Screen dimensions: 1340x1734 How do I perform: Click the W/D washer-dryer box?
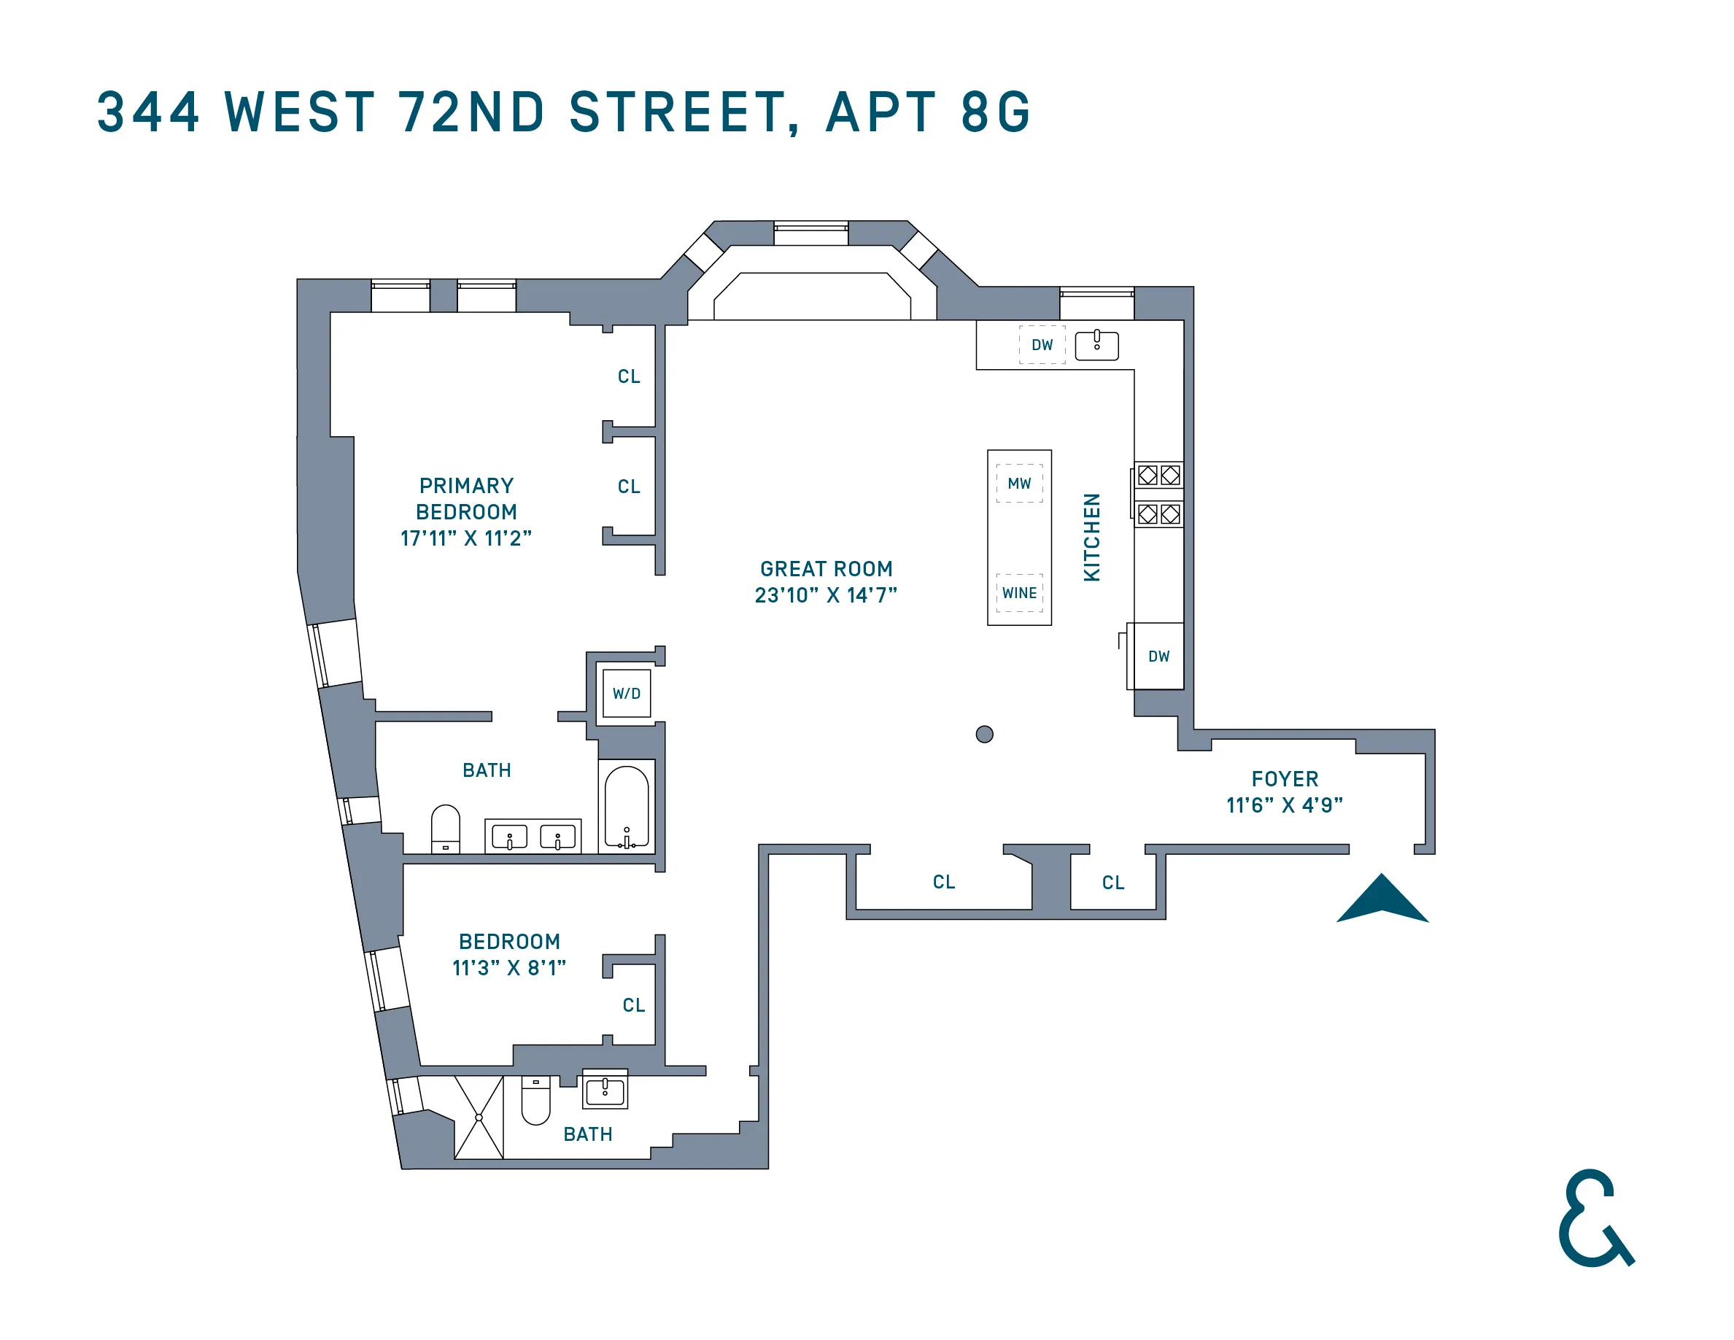[x=627, y=694]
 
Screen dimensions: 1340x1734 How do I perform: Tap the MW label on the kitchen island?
[x=1019, y=484]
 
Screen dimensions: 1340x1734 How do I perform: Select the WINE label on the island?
[x=1019, y=593]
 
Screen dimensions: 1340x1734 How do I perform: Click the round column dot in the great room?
[x=985, y=735]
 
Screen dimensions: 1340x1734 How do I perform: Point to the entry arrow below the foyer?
[x=1382, y=901]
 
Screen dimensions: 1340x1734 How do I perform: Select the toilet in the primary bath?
[x=446, y=828]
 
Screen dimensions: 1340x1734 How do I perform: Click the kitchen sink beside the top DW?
[x=1096, y=346]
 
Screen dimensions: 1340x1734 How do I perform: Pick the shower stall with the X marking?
[x=479, y=1118]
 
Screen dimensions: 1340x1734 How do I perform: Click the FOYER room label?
[x=1285, y=779]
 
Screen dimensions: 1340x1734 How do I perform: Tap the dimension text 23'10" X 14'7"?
[x=826, y=595]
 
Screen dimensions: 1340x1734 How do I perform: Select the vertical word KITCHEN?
[x=1093, y=538]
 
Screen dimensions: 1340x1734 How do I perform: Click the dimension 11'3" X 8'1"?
[x=509, y=968]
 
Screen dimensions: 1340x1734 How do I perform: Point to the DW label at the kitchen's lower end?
[x=1158, y=657]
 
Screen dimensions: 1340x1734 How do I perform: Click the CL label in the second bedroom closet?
[x=634, y=1005]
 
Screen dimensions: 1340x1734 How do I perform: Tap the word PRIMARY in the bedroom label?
[x=466, y=486]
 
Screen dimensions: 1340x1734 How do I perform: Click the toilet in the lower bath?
[x=536, y=1100]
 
